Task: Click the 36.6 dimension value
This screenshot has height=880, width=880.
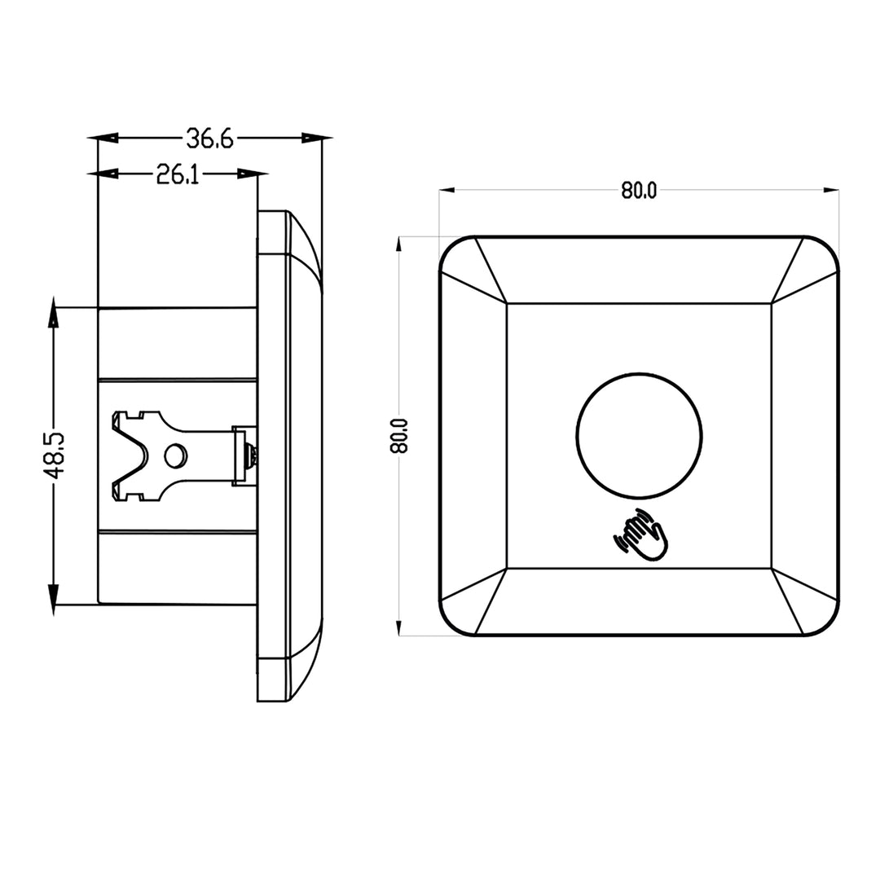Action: pyautogui.click(x=209, y=139)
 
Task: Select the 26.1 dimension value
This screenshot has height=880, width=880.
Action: pyautogui.click(x=178, y=174)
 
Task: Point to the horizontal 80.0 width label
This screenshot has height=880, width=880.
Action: pyautogui.click(x=639, y=191)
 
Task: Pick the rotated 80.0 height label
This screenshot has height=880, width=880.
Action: pyautogui.click(x=398, y=436)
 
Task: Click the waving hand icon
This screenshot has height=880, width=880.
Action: pyautogui.click(x=641, y=535)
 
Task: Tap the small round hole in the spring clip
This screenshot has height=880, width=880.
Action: pyautogui.click(x=174, y=455)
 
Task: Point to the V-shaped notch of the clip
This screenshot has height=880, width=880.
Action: pyautogui.click(x=130, y=455)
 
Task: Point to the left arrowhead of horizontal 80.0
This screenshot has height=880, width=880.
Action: pyautogui.click(x=447, y=191)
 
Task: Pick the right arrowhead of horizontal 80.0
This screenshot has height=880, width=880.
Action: pyautogui.click(x=832, y=191)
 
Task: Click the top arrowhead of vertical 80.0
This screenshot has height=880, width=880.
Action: pyautogui.click(x=398, y=244)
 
